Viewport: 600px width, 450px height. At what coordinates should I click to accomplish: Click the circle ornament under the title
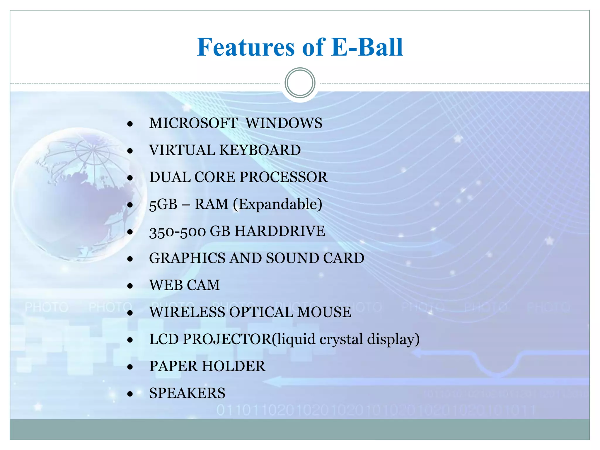coord(300,83)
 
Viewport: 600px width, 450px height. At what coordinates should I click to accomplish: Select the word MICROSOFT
coord(193,123)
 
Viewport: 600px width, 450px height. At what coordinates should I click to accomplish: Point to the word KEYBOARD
coord(260,150)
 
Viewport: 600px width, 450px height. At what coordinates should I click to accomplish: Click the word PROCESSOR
coord(284,177)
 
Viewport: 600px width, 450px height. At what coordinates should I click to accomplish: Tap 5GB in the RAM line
coord(163,204)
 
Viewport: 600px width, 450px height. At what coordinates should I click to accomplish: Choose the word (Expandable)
coord(277,204)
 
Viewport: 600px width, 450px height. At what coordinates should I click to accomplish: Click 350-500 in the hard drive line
coord(178,231)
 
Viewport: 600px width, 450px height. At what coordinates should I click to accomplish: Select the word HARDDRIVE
coord(280,231)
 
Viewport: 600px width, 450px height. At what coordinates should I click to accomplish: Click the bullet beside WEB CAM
coord(130,286)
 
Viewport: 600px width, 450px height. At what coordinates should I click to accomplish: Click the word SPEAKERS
coord(187,393)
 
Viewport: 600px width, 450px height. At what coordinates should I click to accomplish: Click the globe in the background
coord(79,195)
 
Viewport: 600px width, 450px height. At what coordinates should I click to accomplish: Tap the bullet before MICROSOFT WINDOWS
coord(130,124)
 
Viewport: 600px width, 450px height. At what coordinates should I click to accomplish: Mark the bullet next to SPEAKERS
coord(130,394)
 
